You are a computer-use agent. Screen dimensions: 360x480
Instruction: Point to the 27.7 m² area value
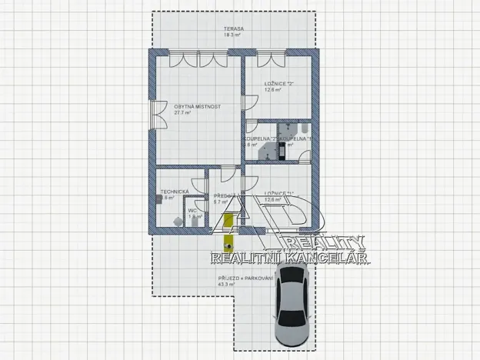[x=182, y=112]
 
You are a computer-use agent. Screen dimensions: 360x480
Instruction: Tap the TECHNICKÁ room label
[x=173, y=192]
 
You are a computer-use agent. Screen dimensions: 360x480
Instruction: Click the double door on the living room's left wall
[x=157, y=116]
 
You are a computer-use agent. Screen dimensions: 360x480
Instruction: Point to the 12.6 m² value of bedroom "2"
[x=272, y=90]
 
